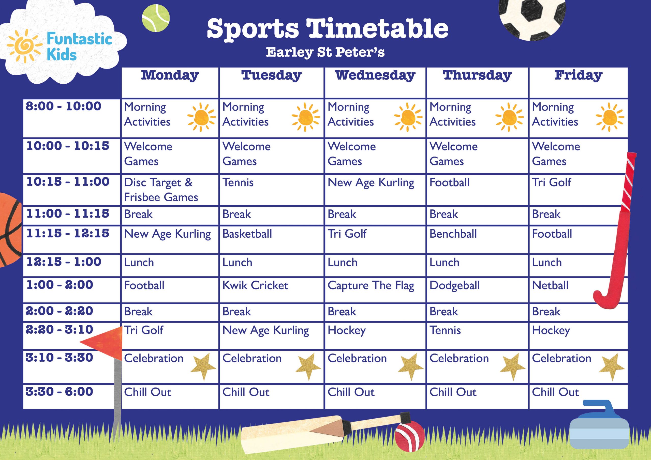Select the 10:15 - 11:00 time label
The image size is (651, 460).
(x=68, y=182)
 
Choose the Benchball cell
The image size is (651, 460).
(x=453, y=234)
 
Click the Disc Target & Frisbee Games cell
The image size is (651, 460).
(x=161, y=190)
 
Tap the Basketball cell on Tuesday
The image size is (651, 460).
(x=247, y=234)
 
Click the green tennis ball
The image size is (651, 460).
(x=156, y=18)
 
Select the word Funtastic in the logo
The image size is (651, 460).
(x=79, y=39)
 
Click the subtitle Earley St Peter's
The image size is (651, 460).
(x=325, y=52)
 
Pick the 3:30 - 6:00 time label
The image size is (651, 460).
(x=59, y=392)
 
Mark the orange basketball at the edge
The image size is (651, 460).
(x=10, y=229)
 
